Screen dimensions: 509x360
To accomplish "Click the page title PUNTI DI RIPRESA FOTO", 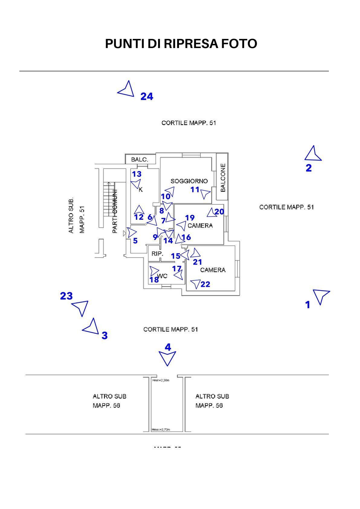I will coord(181,44).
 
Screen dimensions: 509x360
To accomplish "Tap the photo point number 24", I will coord(147,97).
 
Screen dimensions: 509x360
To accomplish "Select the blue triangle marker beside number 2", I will coord(313,154).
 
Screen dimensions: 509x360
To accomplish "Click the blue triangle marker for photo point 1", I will coord(321,296).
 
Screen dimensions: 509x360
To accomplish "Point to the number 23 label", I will coord(66,296).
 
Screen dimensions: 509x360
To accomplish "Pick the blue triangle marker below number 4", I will coord(167,358).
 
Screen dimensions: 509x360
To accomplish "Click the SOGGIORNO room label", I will coord(189,181).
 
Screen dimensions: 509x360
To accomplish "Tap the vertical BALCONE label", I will coord(223,178).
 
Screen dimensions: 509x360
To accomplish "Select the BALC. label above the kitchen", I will coord(139,160).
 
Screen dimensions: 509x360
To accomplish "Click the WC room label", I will coord(163,276).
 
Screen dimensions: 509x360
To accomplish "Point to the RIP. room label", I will coord(157,254).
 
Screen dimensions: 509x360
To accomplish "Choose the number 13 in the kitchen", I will coord(137,174).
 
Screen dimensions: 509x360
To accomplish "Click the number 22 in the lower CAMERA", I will coord(205,284).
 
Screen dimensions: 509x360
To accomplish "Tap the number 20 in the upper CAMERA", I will coord(219,212).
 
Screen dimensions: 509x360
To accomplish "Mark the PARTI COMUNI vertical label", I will coord(115,211).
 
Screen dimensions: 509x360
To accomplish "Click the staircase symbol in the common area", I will coord(108,198).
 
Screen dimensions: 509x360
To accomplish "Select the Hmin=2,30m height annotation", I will coord(161,380).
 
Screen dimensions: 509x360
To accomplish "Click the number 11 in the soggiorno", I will coord(195,190).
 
